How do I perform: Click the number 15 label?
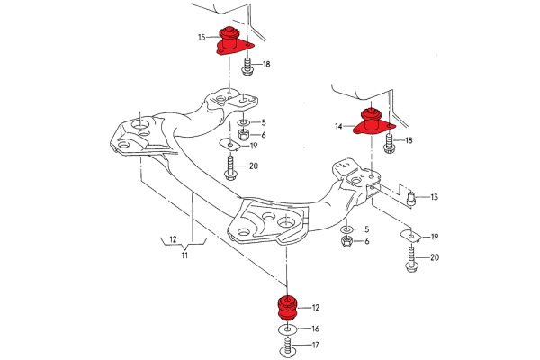pyautogui.click(x=202, y=37)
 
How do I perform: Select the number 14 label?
pyautogui.click(x=338, y=127)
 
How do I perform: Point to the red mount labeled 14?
pyautogui.click(x=371, y=121)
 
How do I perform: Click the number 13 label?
pyautogui.click(x=434, y=197)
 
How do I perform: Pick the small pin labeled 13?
pyautogui.click(x=410, y=197)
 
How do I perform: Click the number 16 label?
pyautogui.click(x=315, y=329)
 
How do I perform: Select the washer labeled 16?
pyautogui.click(x=288, y=330)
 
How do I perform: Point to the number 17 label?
pyautogui.click(x=315, y=346)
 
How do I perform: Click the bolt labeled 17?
pyautogui.click(x=288, y=347)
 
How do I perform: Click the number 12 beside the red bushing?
pyautogui.click(x=315, y=307)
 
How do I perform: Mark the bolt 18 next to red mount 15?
pyautogui.click(x=246, y=65)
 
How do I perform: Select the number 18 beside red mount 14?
pyautogui.click(x=409, y=140)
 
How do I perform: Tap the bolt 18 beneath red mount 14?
pyautogui.click(x=388, y=142)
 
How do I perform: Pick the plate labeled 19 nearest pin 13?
pyautogui.click(x=411, y=236)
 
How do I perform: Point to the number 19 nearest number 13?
pyautogui.click(x=434, y=237)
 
